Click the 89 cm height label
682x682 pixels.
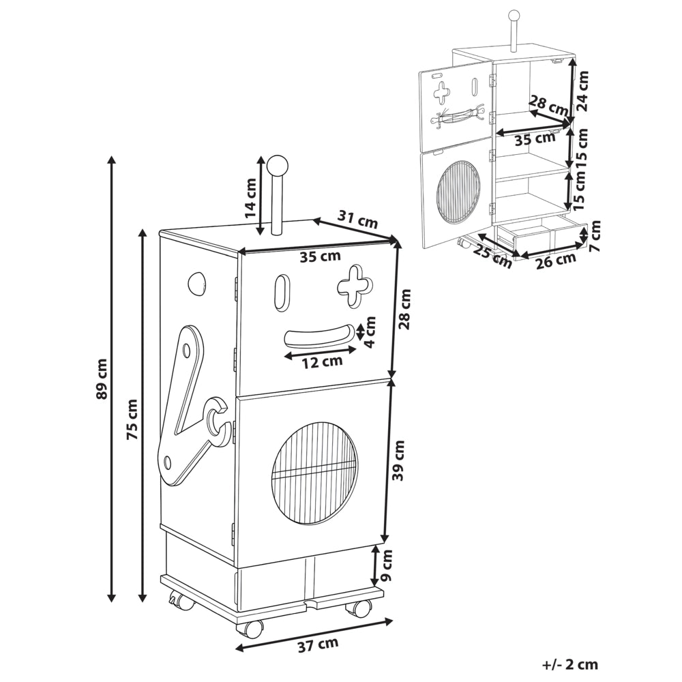(x=102, y=379)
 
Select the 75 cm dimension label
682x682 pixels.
(x=132, y=419)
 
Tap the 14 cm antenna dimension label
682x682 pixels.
(x=251, y=198)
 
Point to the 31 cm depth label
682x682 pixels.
(x=358, y=220)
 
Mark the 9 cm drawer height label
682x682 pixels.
(x=386, y=565)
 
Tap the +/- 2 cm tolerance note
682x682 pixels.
(x=570, y=664)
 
